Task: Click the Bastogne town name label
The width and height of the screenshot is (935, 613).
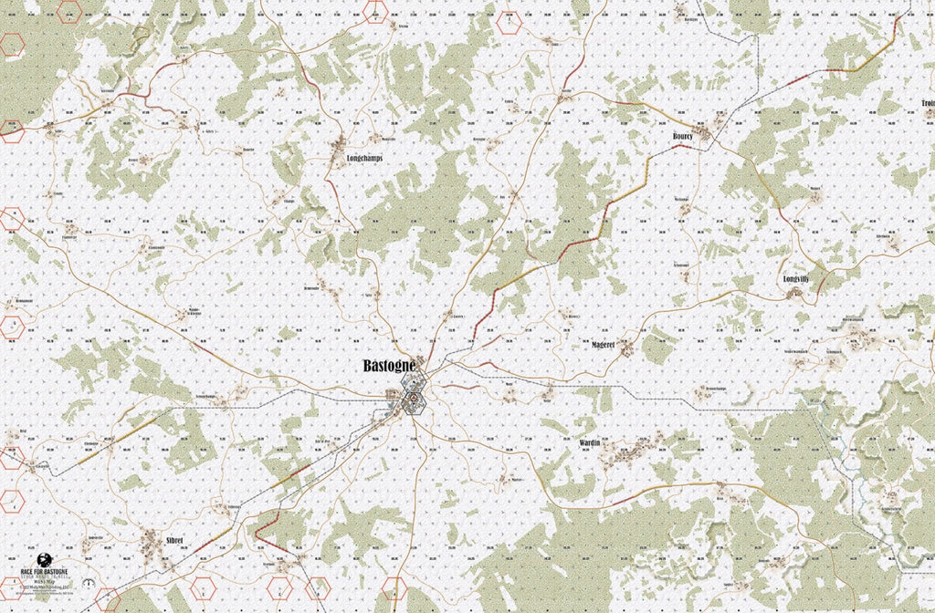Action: [389, 365]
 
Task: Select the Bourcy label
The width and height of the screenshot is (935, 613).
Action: [682, 136]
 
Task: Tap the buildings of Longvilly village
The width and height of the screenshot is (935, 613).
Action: [795, 293]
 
